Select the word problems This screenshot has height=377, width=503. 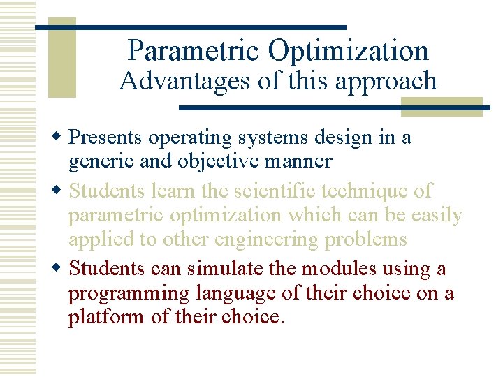click(x=370, y=239)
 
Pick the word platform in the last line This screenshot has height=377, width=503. click(x=100, y=318)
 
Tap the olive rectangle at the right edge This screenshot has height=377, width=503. click(x=442, y=106)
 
